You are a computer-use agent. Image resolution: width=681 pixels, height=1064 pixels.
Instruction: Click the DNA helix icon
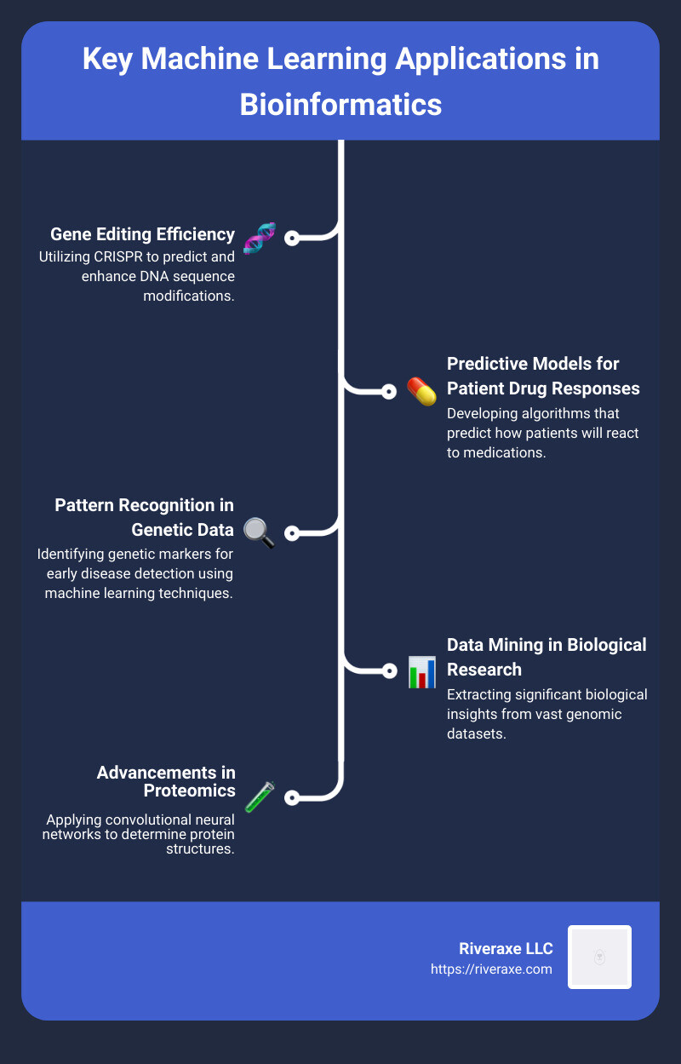(259, 238)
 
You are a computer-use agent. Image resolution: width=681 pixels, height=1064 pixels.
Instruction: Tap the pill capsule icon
(421, 392)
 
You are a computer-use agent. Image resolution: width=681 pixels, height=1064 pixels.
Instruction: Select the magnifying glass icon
(259, 532)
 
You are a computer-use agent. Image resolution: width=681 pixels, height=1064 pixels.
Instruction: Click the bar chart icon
(421, 671)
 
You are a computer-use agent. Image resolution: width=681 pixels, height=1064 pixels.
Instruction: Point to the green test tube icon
(259, 797)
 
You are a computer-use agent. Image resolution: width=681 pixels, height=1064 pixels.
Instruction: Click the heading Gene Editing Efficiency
(142, 234)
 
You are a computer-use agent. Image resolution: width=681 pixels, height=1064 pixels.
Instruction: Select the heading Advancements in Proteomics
(166, 781)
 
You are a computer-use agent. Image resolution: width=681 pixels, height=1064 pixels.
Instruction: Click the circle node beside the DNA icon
(292, 239)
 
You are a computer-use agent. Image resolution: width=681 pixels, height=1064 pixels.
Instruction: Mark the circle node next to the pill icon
(389, 392)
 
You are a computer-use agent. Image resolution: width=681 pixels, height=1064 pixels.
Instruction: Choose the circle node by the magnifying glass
(292, 533)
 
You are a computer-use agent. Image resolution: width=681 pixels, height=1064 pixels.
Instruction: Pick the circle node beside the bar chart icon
(389, 671)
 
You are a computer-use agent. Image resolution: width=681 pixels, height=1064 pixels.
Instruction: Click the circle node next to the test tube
(292, 798)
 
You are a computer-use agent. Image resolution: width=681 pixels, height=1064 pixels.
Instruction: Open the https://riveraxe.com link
(491, 969)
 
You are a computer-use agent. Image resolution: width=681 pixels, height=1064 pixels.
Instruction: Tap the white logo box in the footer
(599, 957)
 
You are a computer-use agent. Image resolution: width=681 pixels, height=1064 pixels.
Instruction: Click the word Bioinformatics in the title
(340, 104)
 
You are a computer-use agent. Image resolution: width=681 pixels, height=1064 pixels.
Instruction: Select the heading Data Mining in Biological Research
(547, 657)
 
